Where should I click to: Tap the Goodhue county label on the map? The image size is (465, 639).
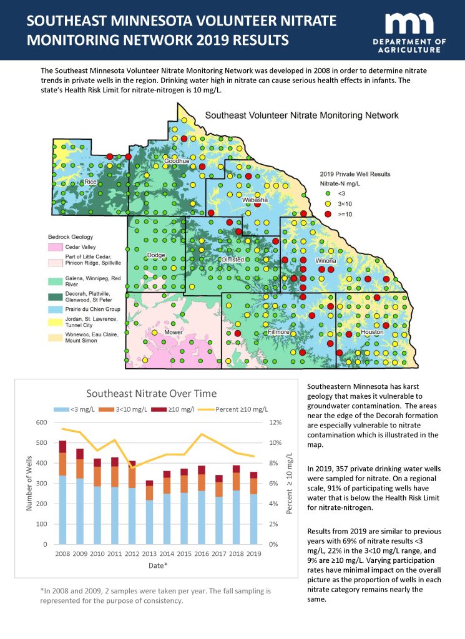(177, 161)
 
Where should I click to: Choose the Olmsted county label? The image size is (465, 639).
(232, 260)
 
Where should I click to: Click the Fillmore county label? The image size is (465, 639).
(278, 332)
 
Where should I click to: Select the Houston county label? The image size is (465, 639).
(372, 332)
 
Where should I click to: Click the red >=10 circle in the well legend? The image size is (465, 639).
(328, 214)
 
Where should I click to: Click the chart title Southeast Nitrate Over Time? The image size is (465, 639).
(151, 394)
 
